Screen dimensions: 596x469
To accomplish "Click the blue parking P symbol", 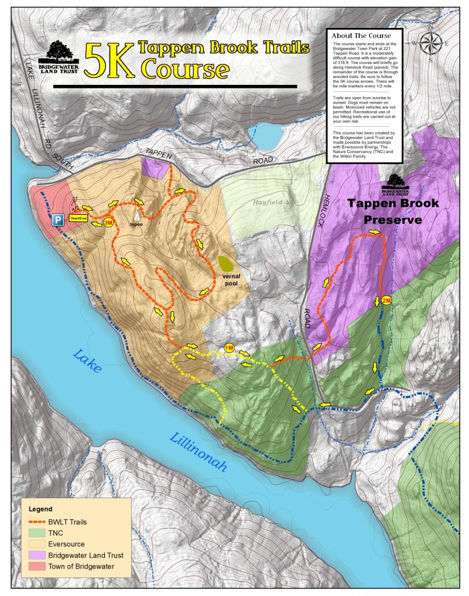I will [58, 219].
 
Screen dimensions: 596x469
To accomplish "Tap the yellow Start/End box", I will [78, 218].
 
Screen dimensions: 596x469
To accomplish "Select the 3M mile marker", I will [108, 222].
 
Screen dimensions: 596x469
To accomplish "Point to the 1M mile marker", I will [229, 347].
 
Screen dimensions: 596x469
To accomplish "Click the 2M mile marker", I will [386, 300].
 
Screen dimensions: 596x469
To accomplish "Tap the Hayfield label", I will [267, 202].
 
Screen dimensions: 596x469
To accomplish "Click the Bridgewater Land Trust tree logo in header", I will [58, 54].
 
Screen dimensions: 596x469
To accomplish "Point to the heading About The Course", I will [361, 36].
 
